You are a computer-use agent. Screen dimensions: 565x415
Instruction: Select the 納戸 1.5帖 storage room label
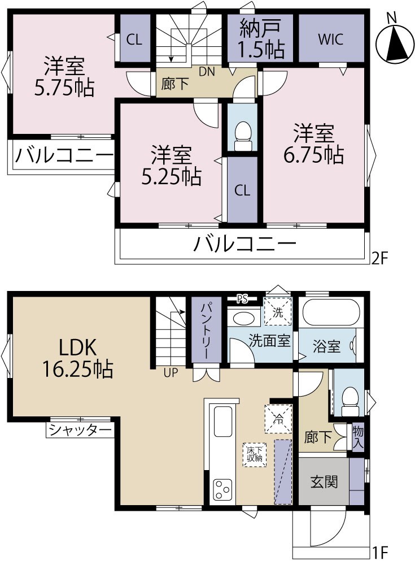pyautogui.click(x=261, y=38)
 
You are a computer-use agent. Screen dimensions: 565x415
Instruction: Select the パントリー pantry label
pyautogui.click(x=204, y=330)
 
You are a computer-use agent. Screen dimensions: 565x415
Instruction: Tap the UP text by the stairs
pyautogui.click(x=171, y=372)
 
